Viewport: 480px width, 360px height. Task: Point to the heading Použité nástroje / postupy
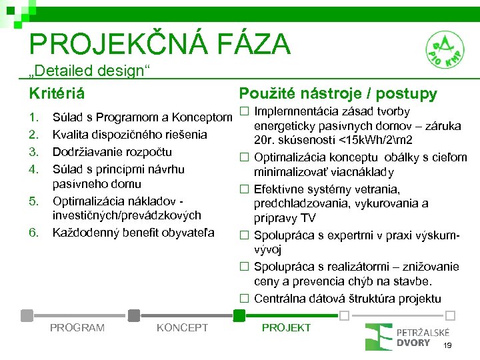338,93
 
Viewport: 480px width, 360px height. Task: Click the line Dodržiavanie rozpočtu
112,151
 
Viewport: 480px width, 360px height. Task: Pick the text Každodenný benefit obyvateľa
133,232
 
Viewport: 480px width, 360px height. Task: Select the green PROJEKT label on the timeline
286,327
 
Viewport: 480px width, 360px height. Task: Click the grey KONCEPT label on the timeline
181,327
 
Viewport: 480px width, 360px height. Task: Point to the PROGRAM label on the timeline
77,327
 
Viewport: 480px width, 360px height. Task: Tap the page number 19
447,345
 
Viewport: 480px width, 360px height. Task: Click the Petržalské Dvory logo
407,337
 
